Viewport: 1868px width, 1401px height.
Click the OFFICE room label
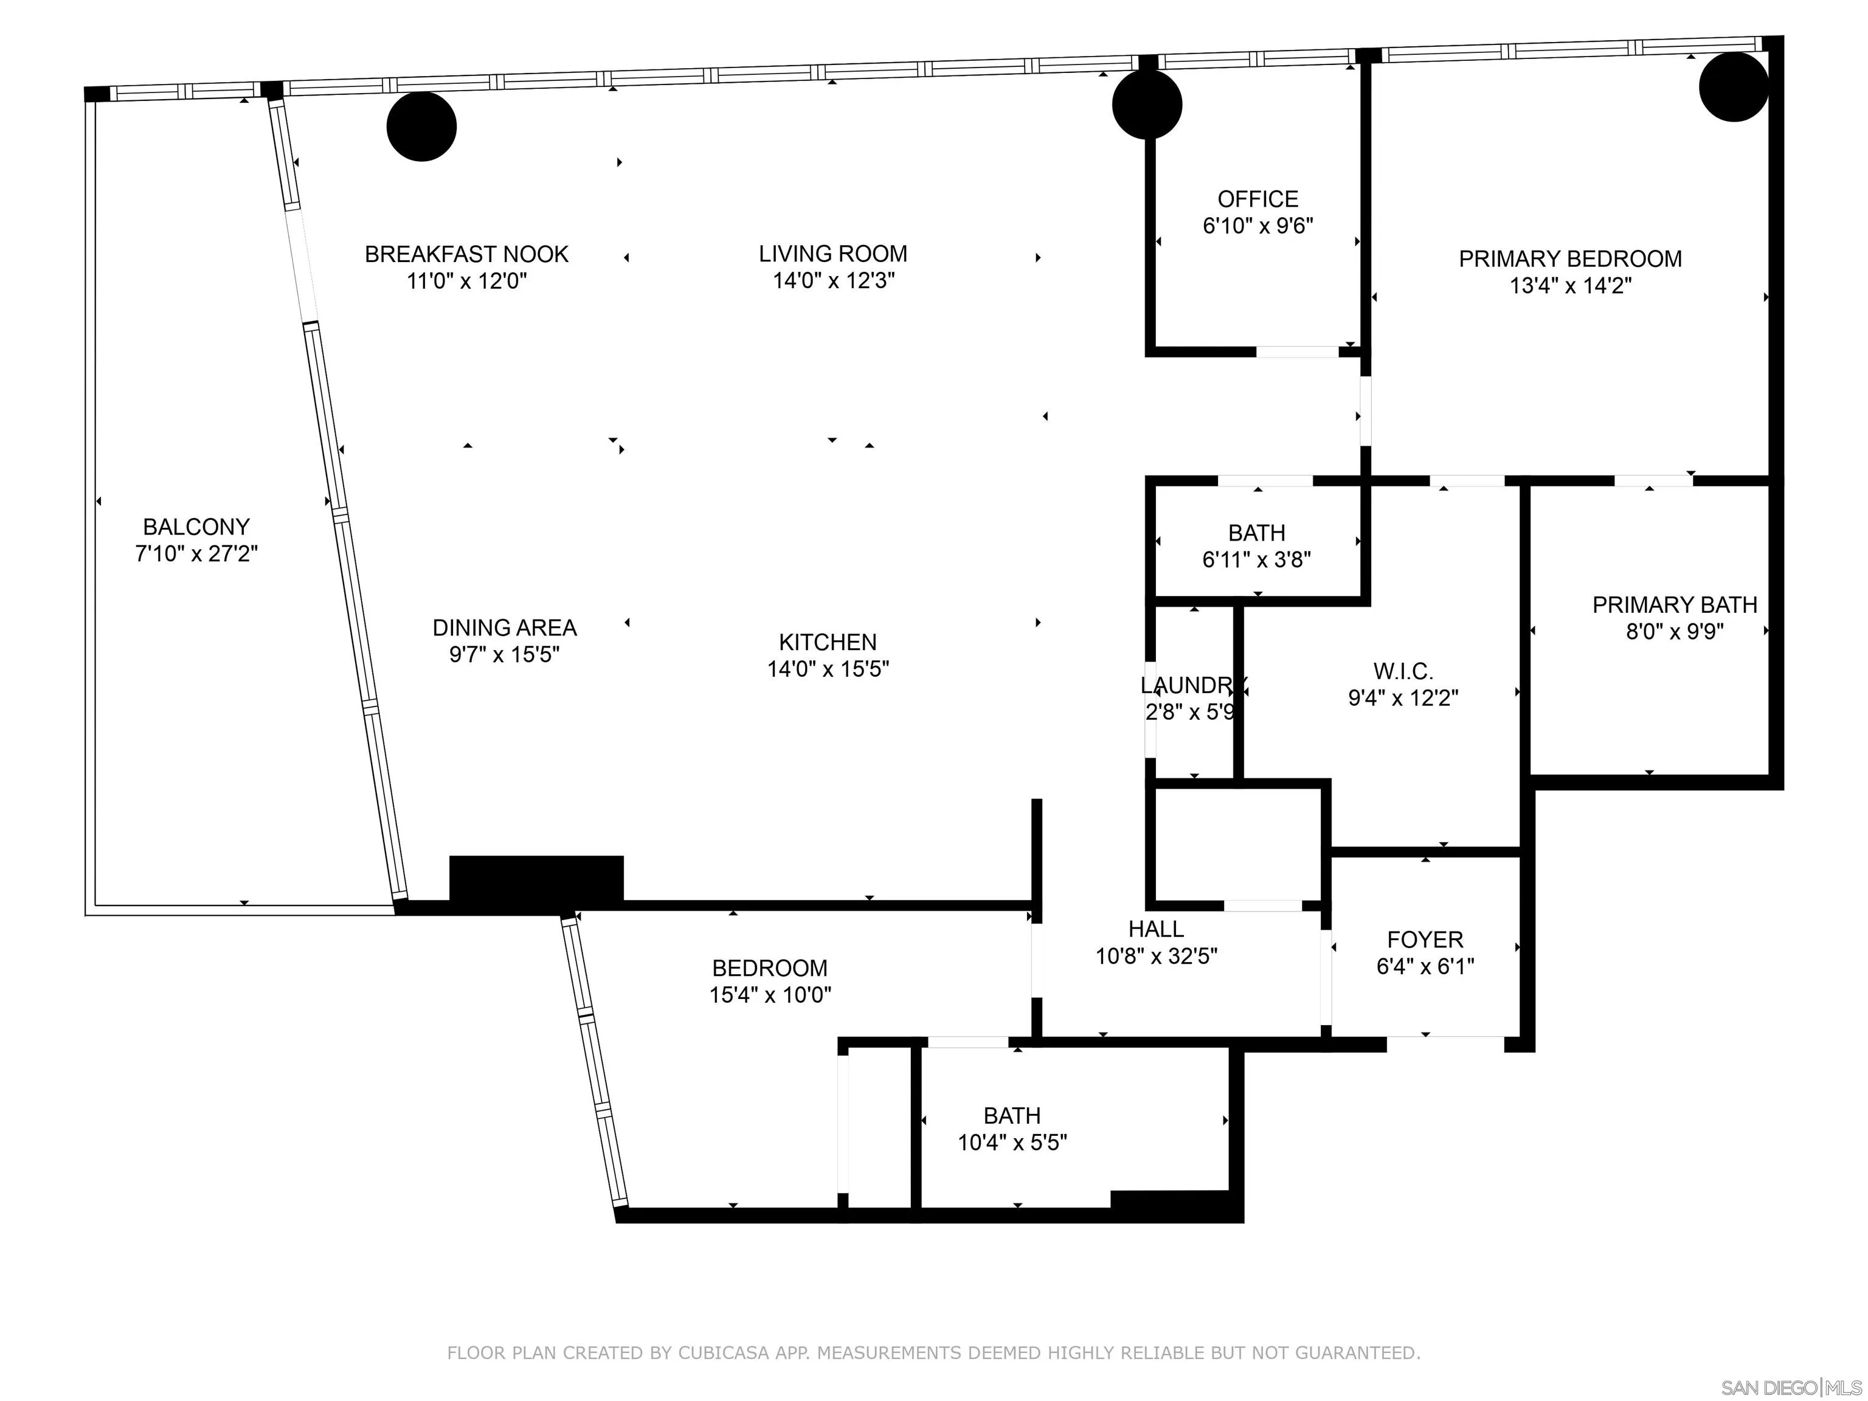point(1257,199)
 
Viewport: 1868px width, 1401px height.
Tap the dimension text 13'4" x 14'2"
point(1570,285)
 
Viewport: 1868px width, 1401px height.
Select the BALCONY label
point(196,527)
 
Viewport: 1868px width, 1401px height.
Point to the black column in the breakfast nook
point(421,126)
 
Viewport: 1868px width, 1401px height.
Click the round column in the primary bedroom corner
point(1733,87)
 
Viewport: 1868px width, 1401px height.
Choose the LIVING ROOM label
point(832,254)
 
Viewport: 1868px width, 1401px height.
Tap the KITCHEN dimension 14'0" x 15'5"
point(828,669)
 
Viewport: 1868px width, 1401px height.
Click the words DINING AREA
point(504,628)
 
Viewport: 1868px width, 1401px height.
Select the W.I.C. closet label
point(1403,671)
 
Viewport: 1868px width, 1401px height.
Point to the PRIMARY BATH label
point(1674,604)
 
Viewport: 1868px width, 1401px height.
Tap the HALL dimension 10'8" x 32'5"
point(1156,956)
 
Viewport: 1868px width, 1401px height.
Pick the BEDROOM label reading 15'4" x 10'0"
point(769,968)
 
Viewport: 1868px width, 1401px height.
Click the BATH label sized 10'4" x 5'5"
point(1012,1116)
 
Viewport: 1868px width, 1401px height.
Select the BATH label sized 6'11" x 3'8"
point(1257,533)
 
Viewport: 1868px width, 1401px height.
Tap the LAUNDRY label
point(1192,685)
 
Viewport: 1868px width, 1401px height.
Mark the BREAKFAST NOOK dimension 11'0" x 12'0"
point(466,281)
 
